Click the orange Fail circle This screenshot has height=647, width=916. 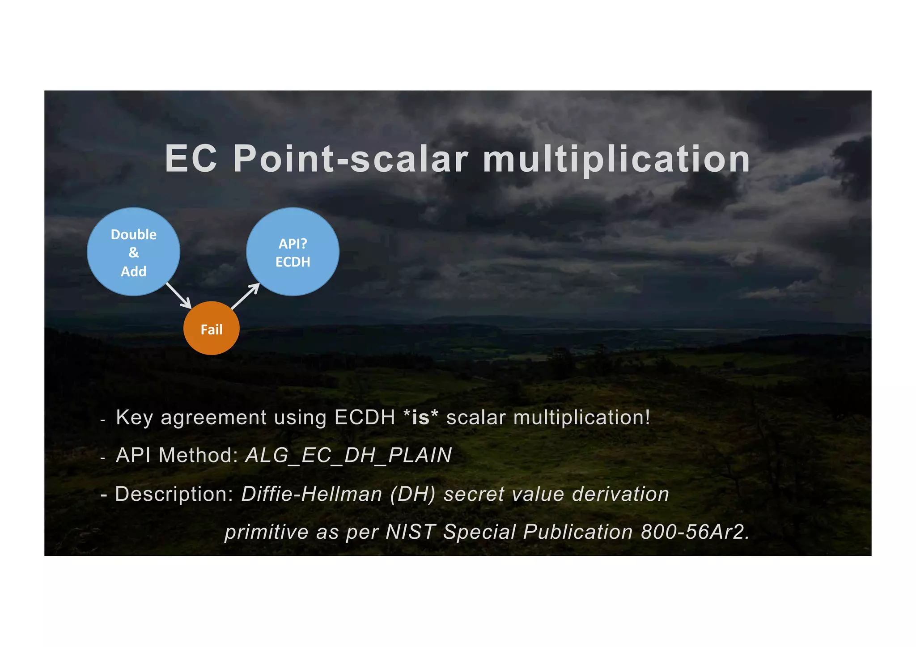[211, 328]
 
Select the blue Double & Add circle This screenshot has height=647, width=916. [133, 251]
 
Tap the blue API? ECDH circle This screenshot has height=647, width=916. [293, 251]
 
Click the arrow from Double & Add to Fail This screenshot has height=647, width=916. [179, 296]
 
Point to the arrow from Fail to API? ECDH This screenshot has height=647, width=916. [246, 296]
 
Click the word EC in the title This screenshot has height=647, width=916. [191, 159]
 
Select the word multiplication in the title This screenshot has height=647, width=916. [616, 159]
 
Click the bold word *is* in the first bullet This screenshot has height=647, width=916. [420, 417]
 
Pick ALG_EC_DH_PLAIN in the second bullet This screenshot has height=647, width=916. [348, 455]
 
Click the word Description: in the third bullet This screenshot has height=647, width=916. [174, 494]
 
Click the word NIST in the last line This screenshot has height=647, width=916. [410, 532]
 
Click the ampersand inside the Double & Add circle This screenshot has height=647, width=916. [133, 253]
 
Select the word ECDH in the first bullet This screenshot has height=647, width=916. [365, 417]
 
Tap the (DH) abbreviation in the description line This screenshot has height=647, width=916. [412, 494]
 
